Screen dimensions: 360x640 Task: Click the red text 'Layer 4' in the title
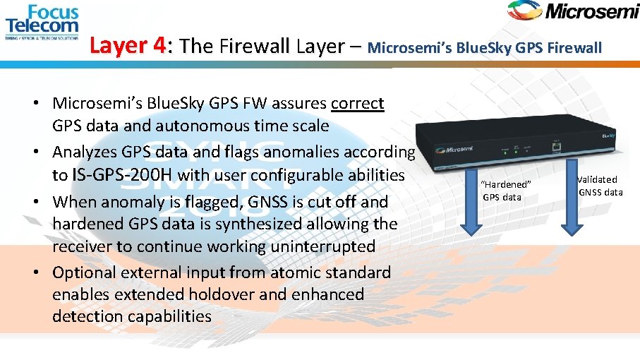tap(128, 47)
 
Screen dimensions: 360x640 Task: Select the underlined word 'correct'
tap(357, 104)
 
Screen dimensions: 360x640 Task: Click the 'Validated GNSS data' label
tap(600, 186)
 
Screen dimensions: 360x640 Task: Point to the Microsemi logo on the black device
tap(454, 150)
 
